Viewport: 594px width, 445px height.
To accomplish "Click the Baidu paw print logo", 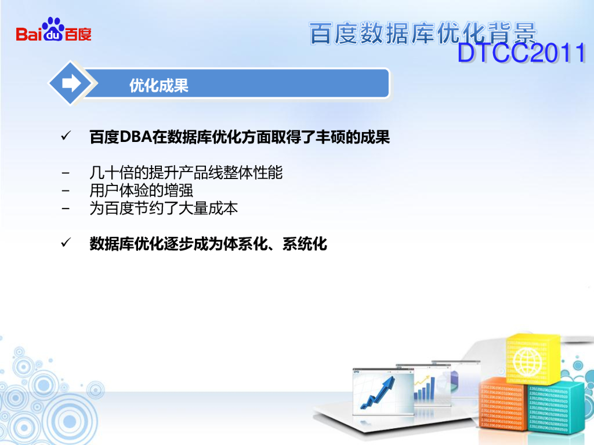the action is [53, 29].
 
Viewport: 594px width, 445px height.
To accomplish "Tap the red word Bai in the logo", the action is [29, 34].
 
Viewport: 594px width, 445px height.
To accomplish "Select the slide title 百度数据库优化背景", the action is [423, 33].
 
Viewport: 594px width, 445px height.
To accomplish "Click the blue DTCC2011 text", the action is [521, 53].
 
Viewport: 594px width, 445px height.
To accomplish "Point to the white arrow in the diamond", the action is [71, 83].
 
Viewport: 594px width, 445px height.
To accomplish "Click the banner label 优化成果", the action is [159, 86].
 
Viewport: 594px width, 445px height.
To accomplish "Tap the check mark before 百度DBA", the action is [66, 136].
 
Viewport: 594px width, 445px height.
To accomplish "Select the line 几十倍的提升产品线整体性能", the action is [186, 173].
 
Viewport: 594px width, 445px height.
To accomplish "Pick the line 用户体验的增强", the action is [142, 190].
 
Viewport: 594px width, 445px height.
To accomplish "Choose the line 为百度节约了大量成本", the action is [164, 208].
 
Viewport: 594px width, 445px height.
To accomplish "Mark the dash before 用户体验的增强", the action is [66, 191].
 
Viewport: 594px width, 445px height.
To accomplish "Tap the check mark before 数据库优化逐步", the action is [66, 243].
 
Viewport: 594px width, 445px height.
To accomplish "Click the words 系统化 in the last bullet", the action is [305, 244].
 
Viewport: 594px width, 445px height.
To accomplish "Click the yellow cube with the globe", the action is [533, 358].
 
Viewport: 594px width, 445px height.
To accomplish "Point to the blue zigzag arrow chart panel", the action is [383, 392].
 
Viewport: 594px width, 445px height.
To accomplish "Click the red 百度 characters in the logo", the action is [78, 34].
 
